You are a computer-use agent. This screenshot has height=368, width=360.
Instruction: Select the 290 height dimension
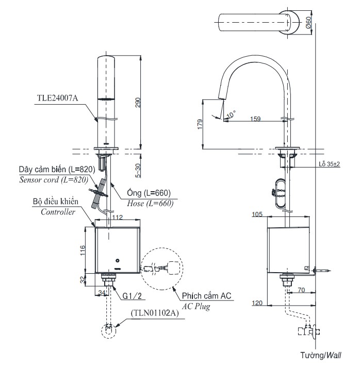click(x=138, y=103)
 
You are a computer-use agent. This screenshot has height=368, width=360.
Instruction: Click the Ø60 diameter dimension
click(x=308, y=23)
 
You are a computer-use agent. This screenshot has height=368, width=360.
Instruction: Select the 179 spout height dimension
click(x=200, y=124)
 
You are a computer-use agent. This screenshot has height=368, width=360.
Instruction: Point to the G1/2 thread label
click(x=132, y=296)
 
